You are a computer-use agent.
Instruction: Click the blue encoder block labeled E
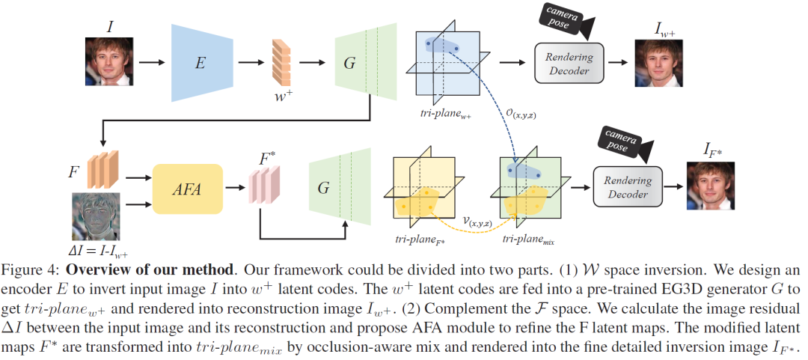click(x=200, y=62)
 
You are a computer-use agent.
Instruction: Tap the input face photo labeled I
click(x=107, y=61)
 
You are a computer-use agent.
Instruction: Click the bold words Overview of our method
click(x=136, y=267)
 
